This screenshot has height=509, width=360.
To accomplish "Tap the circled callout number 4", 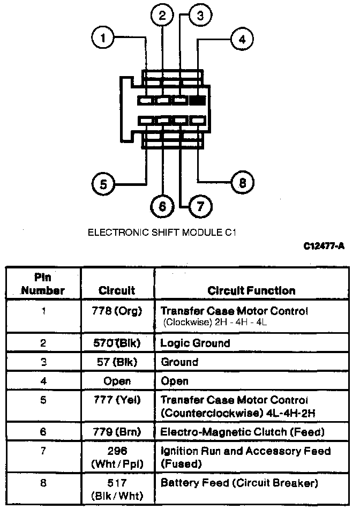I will tap(242, 39).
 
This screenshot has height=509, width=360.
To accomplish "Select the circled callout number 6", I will tap(162, 206).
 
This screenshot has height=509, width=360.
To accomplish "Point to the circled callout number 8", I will tap(242, 183).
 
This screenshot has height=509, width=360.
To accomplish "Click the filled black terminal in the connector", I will tap(197, 100).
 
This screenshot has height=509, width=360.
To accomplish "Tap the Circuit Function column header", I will tap(251, 291).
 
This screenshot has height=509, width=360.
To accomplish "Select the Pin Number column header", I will tap(43, 285).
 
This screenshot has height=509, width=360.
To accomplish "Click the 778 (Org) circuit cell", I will tap(117, 311).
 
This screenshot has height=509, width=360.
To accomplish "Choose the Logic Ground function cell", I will tap(195, 343).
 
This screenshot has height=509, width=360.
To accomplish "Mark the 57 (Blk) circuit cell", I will tap(117, 362).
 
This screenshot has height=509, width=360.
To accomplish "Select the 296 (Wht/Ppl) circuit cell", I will tap(117, 458).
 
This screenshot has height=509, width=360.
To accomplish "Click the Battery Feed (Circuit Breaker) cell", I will tap(239, 483).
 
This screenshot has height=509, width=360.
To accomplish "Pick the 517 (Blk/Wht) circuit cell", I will tap(117, 489).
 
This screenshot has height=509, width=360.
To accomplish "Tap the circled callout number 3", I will tap(199, 16).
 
